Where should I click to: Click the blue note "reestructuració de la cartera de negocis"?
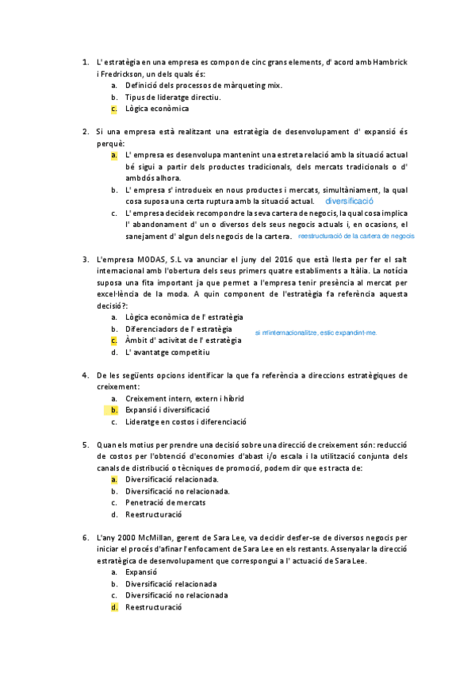point(356,237)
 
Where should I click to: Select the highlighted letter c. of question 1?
point(114,109)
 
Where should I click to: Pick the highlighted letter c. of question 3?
point(114,340)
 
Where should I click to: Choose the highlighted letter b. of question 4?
point(114,410)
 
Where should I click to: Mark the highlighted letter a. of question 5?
point(114,479)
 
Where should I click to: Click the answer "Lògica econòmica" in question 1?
point(157,109)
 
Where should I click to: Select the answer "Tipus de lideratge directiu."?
point(172,97)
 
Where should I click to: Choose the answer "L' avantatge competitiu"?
point(167,352)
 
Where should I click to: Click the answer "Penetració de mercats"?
point(166,502)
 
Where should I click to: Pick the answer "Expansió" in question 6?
point(142,571)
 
